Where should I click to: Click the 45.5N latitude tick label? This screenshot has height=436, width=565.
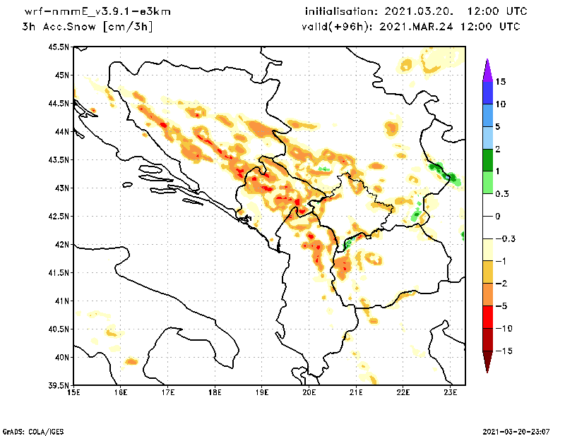[59, 47]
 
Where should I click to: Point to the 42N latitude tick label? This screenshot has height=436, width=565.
[61, 245]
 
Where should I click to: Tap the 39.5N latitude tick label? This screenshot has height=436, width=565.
[59, 386]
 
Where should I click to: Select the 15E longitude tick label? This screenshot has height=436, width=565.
[73, 393]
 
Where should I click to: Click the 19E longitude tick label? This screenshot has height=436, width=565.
[262, 393]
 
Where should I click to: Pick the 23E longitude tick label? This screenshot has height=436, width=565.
[451, 393]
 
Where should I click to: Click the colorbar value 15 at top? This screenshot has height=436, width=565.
[500, 81]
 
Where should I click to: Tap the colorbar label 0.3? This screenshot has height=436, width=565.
[502, 193]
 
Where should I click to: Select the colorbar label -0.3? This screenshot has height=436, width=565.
[504, 238]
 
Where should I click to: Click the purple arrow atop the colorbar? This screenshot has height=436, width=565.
[487, 69]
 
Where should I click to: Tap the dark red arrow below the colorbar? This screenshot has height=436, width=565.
[487, 362]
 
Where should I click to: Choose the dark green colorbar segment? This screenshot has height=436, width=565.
[487, 160]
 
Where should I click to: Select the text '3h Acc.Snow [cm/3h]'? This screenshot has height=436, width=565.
[88, 27]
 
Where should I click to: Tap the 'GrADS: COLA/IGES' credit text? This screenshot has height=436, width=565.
[26, 430]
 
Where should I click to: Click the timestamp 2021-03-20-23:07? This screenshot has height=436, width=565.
[518, 430]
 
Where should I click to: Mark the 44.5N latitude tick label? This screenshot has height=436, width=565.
[59, 104]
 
